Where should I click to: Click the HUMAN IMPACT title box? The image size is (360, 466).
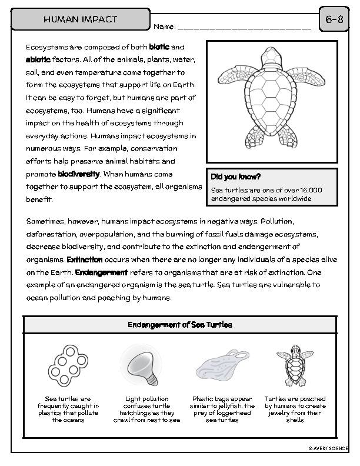[x=80, y=19]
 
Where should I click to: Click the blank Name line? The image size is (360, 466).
[x=244, y=26]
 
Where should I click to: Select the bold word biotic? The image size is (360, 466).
[x=159, y=46]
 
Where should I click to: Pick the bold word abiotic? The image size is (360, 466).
[x=38, y=59]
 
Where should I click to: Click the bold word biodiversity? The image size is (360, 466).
[x=79, y=174]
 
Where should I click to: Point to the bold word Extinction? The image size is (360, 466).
[x=85, y=259]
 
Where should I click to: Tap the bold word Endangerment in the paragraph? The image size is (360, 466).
[x=101, y=272]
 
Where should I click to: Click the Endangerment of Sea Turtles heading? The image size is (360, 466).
[x=179, y=325]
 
